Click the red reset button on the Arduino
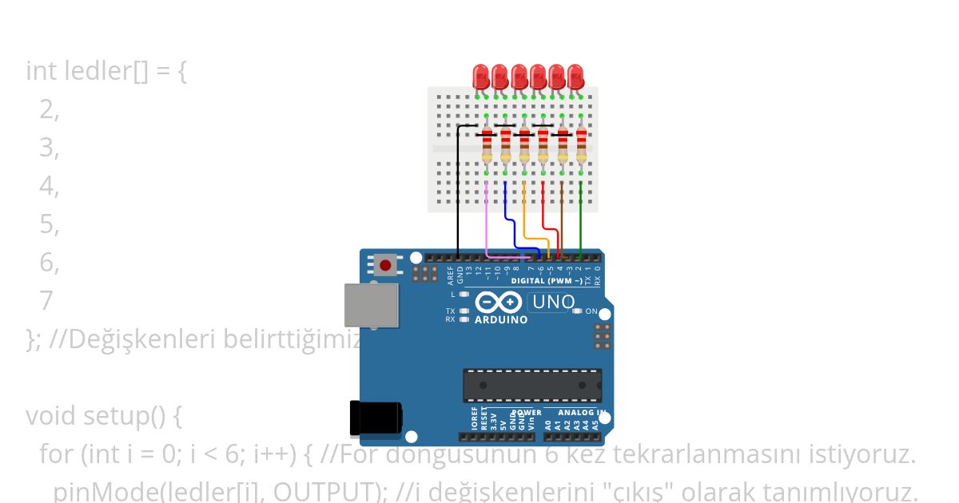pyautogui.click(x=386, y=265)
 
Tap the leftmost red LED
pyautogui.click(x=481, y=77)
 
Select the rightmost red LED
pyautogui.click(x=576, y=77)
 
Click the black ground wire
pyautogui.click(x=457, y=192)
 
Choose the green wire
pyautogui.click(x=581, y=216)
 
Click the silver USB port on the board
pyautogui.click(x=371, y=305)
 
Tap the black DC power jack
pyautogui.click(x=375, y=418)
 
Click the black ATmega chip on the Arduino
pyautogui.click(x=532, y=386)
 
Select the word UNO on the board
pyautogui.click(x=553, y=302)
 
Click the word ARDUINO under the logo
pyautogui.click(x=501, y=320)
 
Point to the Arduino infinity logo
pyautogui.click(x=499, y=303)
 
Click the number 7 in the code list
pyautogui.click(x=46, y=301)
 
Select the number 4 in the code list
pyautogui.click(x=48, y=186)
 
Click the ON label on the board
pyautogui.click(x=591, y=311)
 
